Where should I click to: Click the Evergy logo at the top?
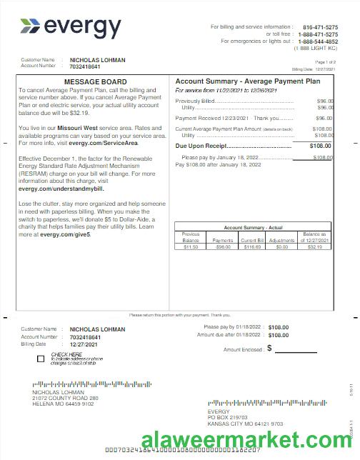tap(71, 27)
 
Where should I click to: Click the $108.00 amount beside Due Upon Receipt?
tap(321, 146)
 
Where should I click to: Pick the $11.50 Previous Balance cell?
tap(191, 247)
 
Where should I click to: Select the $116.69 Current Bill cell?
tap(251, 247)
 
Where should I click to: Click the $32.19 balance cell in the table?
tap(315, 247)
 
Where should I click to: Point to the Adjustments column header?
tap(282, 241)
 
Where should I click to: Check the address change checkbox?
tap(40, 358)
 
